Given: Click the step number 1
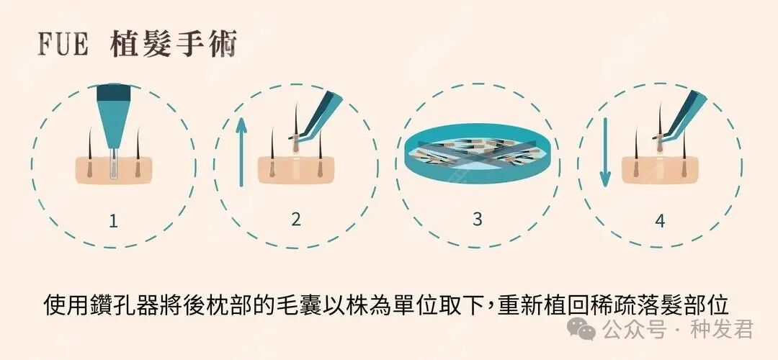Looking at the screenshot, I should [113, 221].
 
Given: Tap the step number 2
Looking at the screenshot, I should [295, 220].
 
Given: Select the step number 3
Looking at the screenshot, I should [477, 219].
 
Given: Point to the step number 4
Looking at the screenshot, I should [660, 221].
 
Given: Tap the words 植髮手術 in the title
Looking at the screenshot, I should [173, 45].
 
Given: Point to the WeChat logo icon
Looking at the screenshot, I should [581, 329].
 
